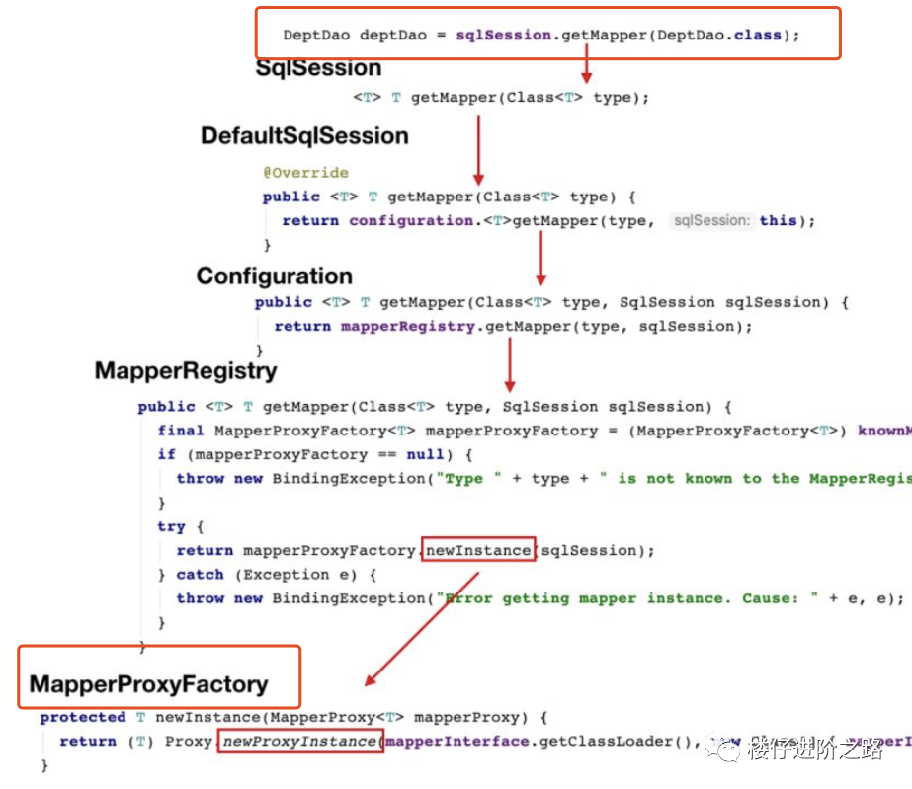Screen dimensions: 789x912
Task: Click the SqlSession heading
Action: click(x=318, y=68)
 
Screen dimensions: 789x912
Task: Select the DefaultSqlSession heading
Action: click(x=304, y=136)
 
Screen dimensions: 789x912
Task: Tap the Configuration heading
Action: click(x=274, y=276)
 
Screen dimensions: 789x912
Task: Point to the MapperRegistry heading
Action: click(x=186, y=371)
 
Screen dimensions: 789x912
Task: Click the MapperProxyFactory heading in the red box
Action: click(x=148, y=684)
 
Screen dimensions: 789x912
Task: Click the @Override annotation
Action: click(x=305, y=173)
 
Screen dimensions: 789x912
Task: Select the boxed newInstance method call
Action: click(x=478, y=550)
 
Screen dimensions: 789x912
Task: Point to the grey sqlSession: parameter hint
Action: click(x=710, y=220)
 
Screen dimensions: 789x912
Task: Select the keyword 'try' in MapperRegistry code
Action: click(x=171, y=526)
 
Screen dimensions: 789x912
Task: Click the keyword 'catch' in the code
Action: click(x=200, y=574)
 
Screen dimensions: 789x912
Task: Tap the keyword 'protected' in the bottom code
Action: click(x=83, y=717)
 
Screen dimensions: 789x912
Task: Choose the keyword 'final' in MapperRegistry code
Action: click(x=181, y=431)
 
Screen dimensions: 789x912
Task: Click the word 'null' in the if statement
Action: click(x=426, y=454)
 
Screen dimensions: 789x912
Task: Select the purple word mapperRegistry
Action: click(x=407, y=326)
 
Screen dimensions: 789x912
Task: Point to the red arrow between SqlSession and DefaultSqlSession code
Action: click(x=478, y=148)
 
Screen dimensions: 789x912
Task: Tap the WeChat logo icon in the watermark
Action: click(x=728, y=751)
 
